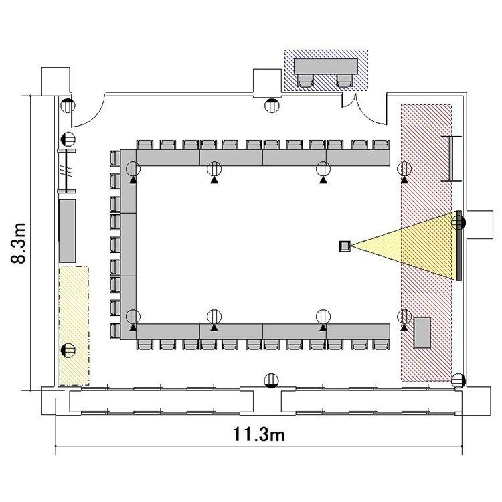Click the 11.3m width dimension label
(258, 435)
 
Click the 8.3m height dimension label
(18, 243)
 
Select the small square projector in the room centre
(345, 246)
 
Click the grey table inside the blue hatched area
(325, 66)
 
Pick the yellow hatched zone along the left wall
(74, 325)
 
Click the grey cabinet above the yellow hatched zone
(67, 231)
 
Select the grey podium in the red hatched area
(422, 332)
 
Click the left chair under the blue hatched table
(305, 80)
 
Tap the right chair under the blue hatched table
(345, 80)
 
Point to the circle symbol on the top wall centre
(272, 106)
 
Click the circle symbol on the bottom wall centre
(271, 381)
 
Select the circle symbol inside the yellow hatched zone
(68, 350)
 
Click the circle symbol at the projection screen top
(458, 222)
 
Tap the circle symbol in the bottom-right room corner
(458, 381)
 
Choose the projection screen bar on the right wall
(459, 246)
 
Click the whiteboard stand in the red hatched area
(451, 159)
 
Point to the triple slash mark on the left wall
(66, 171)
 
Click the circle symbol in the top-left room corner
(68, 106)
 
